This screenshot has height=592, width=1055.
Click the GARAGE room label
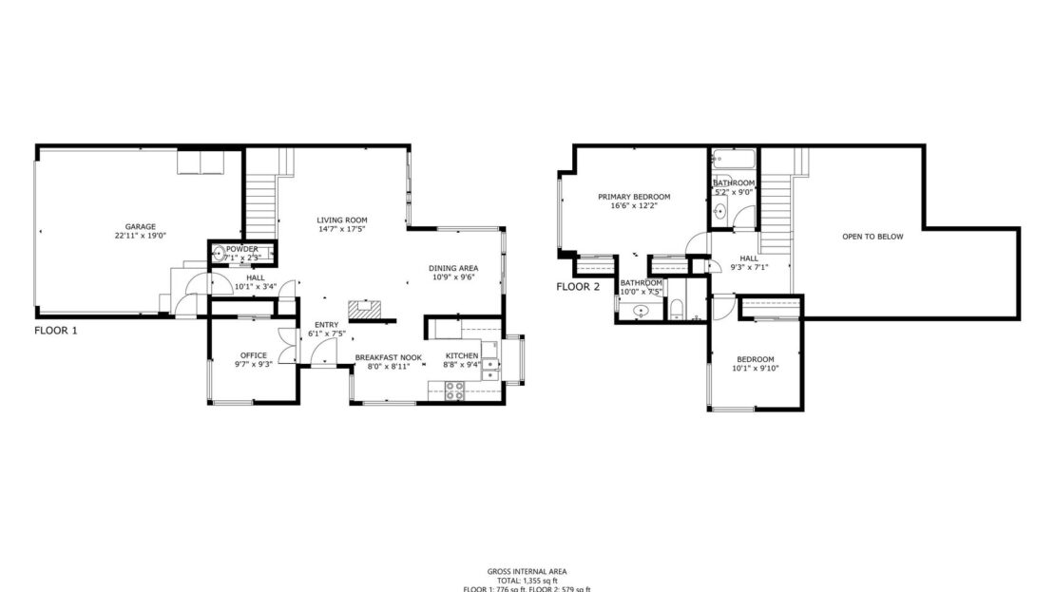(x=134, y=227)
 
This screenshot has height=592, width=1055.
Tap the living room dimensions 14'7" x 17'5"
(x=341, y=229)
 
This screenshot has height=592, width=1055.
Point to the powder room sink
(x=221, y=253)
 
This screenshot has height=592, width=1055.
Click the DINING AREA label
(x=454, y=268)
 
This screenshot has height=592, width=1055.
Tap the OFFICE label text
(x=254, y=355)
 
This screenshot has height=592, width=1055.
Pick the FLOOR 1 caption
(x=55, y=331)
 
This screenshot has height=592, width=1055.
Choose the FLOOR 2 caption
(x=578, y=287)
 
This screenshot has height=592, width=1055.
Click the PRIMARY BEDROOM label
(x=633, y=197)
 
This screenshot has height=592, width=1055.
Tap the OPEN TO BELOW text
(x=873, y=237)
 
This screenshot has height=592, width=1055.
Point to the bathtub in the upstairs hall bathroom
(x=734, y=158)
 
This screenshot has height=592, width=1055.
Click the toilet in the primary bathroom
(x=677, y=308)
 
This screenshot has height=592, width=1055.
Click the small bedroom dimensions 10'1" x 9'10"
(x=756, y=369)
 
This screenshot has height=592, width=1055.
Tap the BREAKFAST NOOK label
(x=388, y=357)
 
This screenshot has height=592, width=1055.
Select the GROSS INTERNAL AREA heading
(x=527, y=571)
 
